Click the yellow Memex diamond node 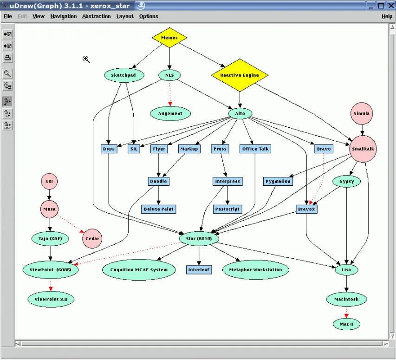coord(169,38)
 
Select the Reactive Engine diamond coord(240,75)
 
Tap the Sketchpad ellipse coord(124,75)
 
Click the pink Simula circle coord(362,114)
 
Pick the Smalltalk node coord(363,149)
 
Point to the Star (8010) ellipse coord(199,239)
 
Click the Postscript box coord(227,209)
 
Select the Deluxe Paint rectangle coord(158,209)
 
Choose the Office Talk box coord(255,149)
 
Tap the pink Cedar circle coord(91,238)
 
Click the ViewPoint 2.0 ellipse coord(51,300)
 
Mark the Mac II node coord(346,324)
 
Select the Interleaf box coord(199,269)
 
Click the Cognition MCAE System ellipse coord(139,269)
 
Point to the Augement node coord(170,113)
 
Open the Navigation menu coord(64,16)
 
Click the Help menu coord(387,16)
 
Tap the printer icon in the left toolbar coord(7,58)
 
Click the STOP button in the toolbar coord(7,125)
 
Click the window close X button coord(390,6)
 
